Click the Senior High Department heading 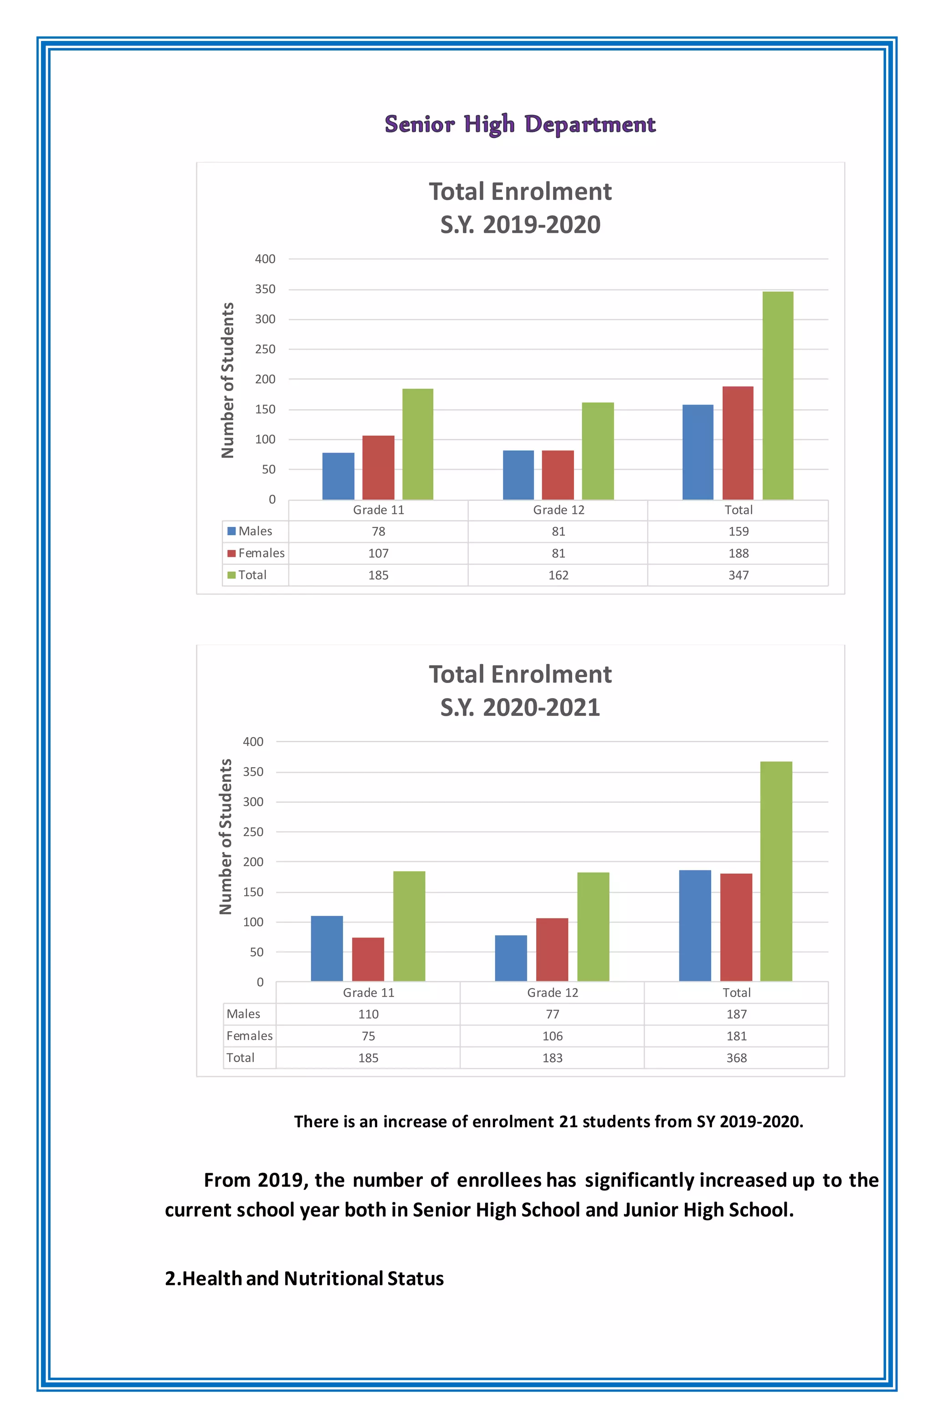[x=519, y=124]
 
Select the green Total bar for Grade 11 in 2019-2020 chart [x=417, y=444]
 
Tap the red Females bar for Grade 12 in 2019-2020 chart [x=557, y=474]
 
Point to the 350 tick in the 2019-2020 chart [x=265, y=289]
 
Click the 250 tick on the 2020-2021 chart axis [x=253, y=832]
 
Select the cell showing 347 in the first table [x=738, y=575]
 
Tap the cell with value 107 [x=379, y=553]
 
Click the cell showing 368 [x=736, y=1057]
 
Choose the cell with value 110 [x=368, y=1014]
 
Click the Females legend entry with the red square [x=256, y=553]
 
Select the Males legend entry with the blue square [x=250, y=531]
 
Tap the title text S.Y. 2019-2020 [x=520, y=225]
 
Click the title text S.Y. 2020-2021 [x=520, y=708]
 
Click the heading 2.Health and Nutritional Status [x=304, y=1278]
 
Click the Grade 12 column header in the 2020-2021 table [x=552, y=992]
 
